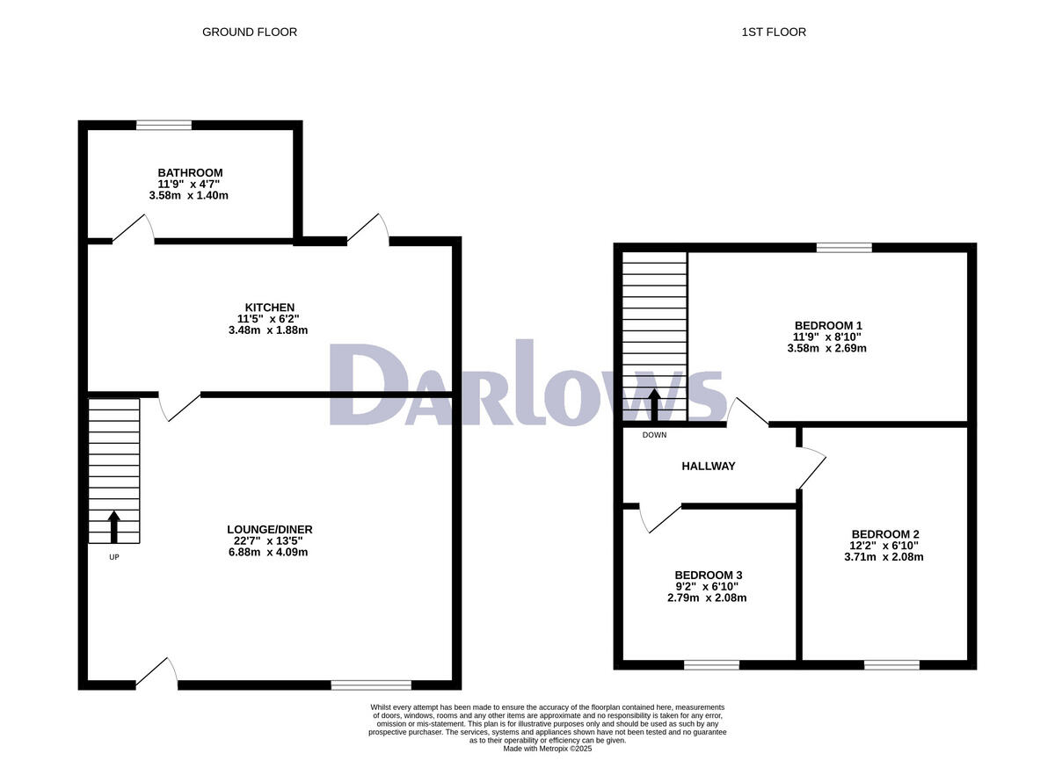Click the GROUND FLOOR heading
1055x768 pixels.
[x=250, y=33]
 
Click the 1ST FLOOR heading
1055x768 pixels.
[x=773, y=33]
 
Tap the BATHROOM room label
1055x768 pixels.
[x=190, y=172]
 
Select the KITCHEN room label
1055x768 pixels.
[x=269, y=307]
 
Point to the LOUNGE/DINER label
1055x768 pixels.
[x=268, y=529]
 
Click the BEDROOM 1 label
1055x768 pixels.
[x=826, y=325]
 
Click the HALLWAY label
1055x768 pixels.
[x=708, y=467]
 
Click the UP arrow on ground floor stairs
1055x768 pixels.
[x=113, y=525]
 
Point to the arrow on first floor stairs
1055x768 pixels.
[x=654, y=405]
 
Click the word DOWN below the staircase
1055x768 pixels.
[x=654, y=435]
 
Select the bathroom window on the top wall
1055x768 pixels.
[x=164, y=125]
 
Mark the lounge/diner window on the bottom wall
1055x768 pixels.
[x=371, y=684]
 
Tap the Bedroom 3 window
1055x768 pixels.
[x=711, y=665]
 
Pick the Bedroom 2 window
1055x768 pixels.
[x=891, y=665]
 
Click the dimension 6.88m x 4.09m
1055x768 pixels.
[x=268, y=553]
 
